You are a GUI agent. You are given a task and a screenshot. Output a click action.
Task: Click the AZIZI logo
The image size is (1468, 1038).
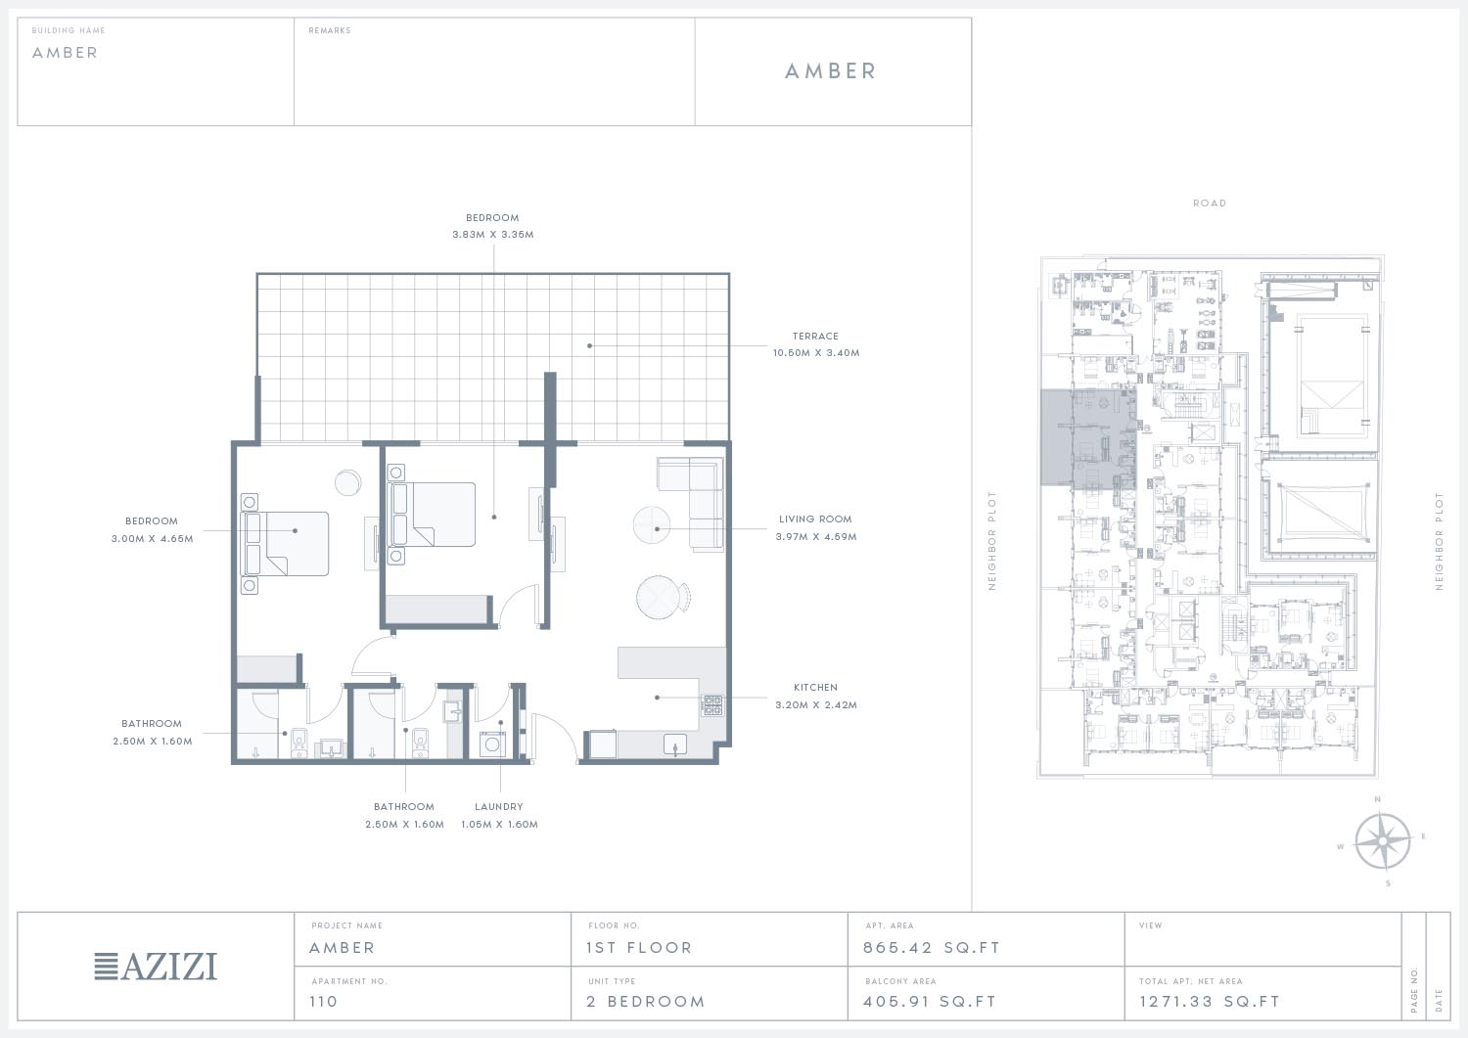tap(156, 967)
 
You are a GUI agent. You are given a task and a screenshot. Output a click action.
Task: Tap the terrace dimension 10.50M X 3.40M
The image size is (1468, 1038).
tap(816, 352)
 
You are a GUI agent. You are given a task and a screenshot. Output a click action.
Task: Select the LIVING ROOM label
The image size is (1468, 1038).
tap(815, 519)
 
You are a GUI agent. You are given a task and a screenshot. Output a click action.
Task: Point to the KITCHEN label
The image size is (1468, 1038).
tap(815, 688)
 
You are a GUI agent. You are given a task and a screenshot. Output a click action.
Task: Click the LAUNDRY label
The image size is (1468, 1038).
tap(499, 807)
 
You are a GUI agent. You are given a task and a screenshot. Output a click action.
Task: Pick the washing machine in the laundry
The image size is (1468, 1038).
tap(493, 745)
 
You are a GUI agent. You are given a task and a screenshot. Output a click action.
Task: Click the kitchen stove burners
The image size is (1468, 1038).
tap(713, 705)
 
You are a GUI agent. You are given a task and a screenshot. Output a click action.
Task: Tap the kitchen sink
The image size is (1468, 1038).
tap(675, 745)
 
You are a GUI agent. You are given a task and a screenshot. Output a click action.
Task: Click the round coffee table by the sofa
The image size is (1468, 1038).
tap(652, 525)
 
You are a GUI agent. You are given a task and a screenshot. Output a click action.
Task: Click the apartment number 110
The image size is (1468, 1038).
tap(323, 1001)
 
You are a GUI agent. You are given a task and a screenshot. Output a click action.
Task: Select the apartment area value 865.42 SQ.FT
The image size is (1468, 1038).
tap(932, 948)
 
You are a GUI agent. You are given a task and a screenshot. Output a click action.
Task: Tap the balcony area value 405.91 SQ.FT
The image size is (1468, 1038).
tap(930, 1001)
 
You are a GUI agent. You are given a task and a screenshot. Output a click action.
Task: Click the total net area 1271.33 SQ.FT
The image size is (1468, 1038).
tap(1209, 1001)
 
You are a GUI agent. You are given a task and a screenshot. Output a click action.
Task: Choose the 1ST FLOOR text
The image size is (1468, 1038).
tap(639, 948)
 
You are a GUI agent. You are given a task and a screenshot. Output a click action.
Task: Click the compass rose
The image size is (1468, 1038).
tap(1382, 840)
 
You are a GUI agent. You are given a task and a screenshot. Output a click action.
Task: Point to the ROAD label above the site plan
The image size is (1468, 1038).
tap(1209, 203)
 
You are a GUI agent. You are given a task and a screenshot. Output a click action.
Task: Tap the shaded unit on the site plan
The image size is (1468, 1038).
tap(1088, 439)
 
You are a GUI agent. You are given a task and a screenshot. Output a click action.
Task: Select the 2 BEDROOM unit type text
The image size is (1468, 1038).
tap(646, 1001)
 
